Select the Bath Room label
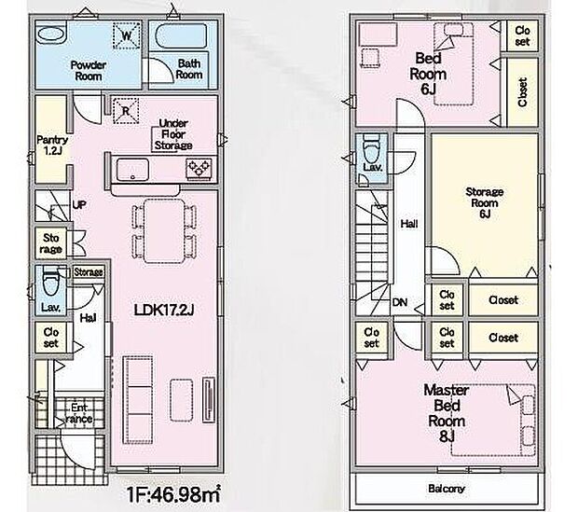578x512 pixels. tap(189, 70)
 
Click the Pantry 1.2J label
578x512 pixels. tap(50, 145)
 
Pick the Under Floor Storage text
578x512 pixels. tap(173, 134)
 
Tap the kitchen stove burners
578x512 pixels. tap(199, 168)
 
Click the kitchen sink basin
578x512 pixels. tap(132, 170)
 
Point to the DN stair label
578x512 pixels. tap(398, 301)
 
